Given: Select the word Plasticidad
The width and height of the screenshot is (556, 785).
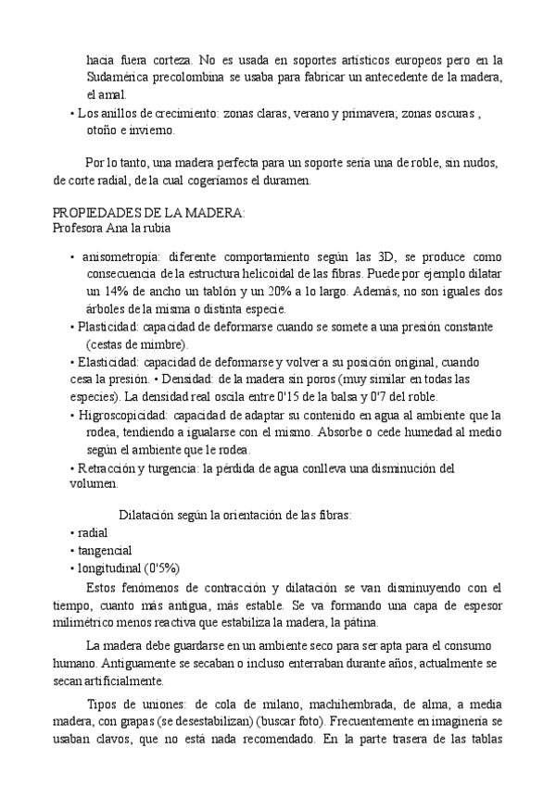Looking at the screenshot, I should [x=108, y=327].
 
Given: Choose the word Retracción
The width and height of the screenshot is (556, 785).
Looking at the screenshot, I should [x=106, y=467].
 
